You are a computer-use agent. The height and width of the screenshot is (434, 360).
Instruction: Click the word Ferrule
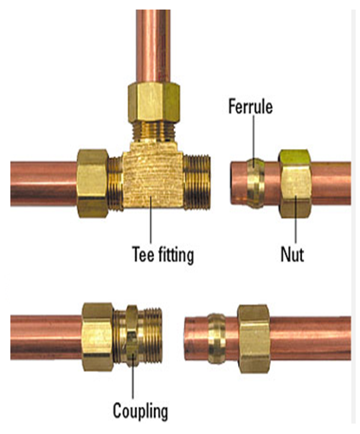tap(250, 107)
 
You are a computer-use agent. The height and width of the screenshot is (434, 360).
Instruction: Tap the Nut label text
tap(292, 255)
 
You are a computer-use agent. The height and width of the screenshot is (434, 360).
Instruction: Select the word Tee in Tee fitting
tap(144, 254)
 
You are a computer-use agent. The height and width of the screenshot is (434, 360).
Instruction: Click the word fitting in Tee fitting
tap(177, 255)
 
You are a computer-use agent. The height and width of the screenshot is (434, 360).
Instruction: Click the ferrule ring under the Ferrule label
tap(254, 183)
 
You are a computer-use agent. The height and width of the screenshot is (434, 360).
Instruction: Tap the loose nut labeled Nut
tap(295, 184)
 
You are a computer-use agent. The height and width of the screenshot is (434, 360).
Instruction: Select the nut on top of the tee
tap(154, 102)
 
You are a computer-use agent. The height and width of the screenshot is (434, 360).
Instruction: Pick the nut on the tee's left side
tap(93, 184)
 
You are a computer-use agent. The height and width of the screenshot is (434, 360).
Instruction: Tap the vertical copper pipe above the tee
tap(153, 47)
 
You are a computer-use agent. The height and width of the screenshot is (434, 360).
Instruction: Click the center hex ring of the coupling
tap(132, 336)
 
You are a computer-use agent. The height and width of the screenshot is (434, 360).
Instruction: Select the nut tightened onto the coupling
tap(98, 337)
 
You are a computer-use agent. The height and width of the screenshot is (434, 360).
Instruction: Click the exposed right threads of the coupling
tap(150, 336)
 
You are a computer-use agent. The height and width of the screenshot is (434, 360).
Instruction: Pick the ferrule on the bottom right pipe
tap(217, 339)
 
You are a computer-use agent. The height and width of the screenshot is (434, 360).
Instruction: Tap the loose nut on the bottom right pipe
tap(254, 339)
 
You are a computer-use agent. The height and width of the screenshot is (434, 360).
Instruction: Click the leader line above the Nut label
tap(296, 220)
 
